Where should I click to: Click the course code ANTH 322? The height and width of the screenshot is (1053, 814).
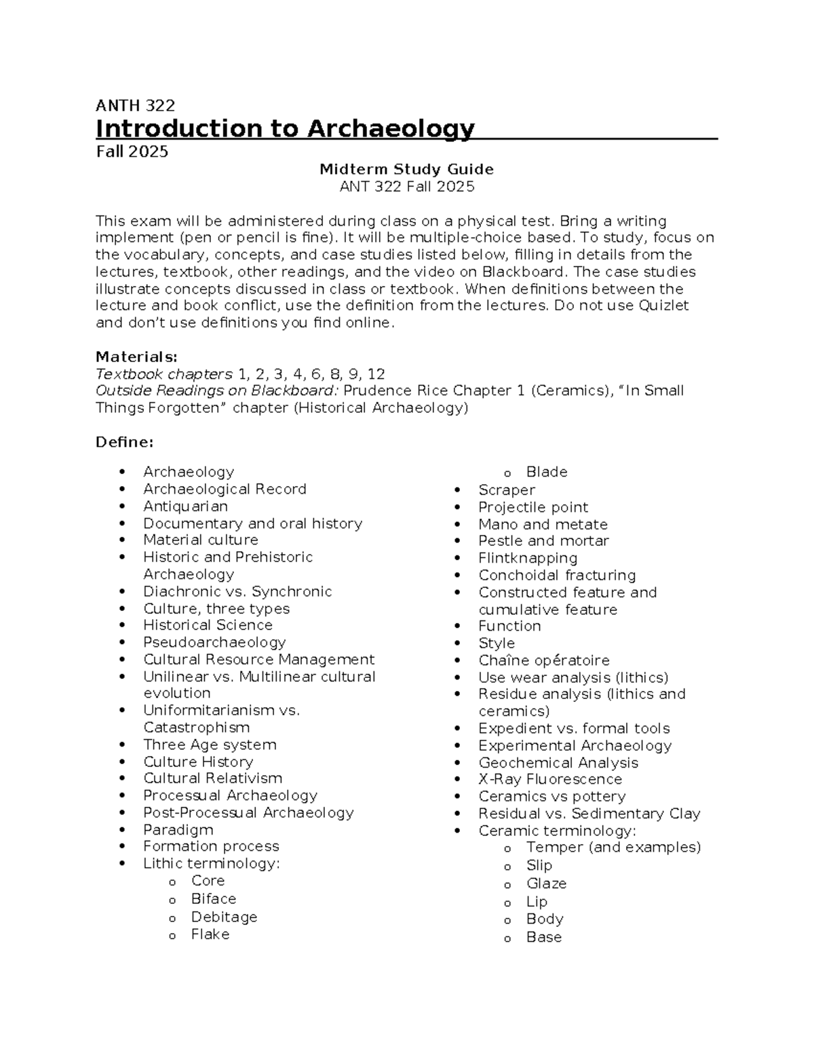pos(135,106)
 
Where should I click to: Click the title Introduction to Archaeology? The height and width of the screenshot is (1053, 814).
pos(285,128)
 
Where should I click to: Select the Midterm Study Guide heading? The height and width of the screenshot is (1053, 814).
pos(406,169)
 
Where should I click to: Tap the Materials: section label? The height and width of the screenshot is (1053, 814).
pos(136,357)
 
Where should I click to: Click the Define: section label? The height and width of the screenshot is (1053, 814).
pos(125,442)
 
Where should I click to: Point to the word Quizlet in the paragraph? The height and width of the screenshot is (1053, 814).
pos(663,306)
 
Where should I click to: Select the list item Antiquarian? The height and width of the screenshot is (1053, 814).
pos(185,506)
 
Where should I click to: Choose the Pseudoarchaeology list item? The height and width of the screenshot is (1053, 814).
pos(214,642)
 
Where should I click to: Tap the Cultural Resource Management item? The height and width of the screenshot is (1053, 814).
pos(258,660)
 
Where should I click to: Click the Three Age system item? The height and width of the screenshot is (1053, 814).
pos(210,744)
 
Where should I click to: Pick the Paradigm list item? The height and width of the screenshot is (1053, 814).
pos(178,830)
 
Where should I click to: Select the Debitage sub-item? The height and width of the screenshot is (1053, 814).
pos(224,917)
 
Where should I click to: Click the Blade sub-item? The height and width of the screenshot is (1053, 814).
pos(546,472)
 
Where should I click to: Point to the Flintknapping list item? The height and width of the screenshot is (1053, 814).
pos(528,558)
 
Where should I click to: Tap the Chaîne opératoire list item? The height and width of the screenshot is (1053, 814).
pos(543,660)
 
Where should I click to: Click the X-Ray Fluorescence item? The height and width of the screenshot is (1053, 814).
pos(549,779)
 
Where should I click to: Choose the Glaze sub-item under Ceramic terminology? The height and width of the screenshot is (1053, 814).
pos(546,883)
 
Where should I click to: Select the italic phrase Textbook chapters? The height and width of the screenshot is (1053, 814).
pos(163,374)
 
